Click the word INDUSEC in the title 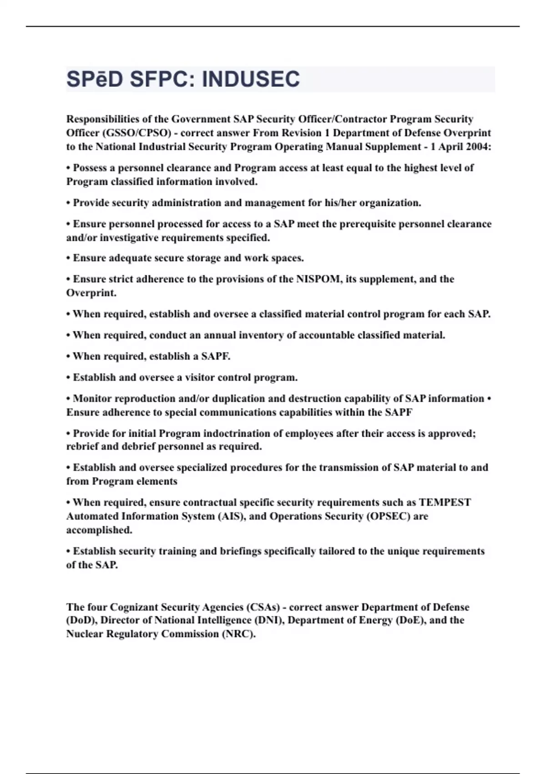251,79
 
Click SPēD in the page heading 95,79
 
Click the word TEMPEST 445,503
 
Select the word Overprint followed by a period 91,293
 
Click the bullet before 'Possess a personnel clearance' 68,168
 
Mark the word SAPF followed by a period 216,356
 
